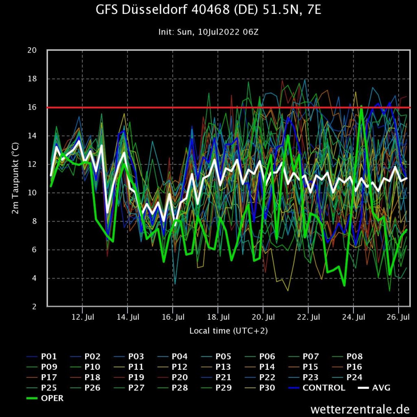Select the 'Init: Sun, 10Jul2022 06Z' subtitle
click(208, 32)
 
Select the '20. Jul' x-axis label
click(263, 316)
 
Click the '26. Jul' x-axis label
click(398, 316)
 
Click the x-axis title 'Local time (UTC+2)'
click(228, 331)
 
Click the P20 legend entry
click(180, 377)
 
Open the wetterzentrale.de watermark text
click(359, 408)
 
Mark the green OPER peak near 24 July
click(361, 107)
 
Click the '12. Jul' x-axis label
click(83, 316)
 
